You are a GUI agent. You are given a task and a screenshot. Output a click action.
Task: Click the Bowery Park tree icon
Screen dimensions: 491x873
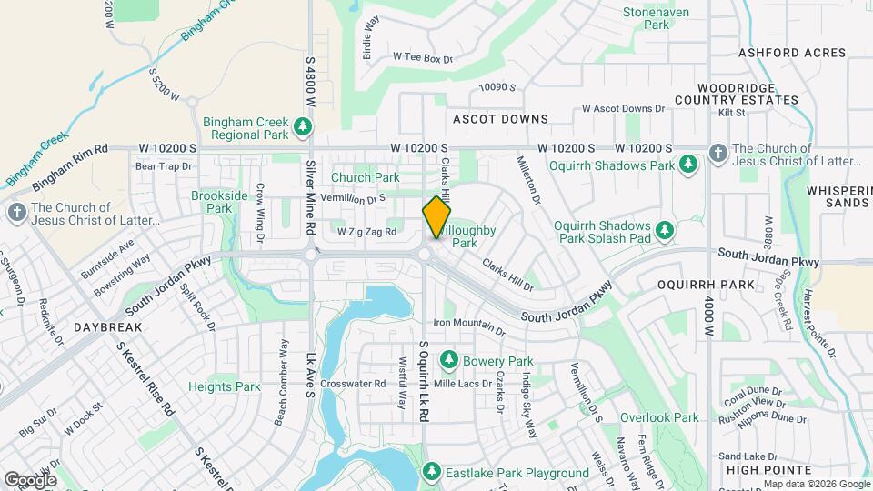[x=448, y=361]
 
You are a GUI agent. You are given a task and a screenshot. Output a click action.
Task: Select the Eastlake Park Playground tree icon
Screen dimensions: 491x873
[x=431, y=472]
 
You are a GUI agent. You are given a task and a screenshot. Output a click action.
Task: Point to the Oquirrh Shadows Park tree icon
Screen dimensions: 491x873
[x=689, y=165]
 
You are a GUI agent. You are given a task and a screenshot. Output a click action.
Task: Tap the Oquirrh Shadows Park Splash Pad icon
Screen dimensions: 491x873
[x=665, y=231]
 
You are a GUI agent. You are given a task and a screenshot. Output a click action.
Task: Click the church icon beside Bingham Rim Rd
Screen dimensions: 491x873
[x=16, y=213]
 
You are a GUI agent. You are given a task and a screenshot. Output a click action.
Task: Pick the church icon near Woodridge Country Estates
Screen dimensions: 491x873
[x=717, y=154]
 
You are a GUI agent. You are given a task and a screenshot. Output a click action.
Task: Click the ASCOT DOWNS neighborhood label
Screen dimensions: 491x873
[x=500, y=119]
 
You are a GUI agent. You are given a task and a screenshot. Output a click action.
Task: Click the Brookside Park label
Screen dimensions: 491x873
[x=219, y=201]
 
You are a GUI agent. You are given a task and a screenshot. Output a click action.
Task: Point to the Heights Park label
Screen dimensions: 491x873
[x=225, y=386]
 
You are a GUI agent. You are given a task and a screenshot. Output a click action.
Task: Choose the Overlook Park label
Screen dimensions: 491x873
[x=659, y=417]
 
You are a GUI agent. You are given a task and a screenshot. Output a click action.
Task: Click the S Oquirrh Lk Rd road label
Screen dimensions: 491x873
[x=423, y=381]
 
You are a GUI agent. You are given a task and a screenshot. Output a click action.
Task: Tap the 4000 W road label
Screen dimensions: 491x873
[x=708, y=319]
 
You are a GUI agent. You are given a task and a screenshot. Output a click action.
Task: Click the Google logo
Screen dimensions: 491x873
[x=30, y=479]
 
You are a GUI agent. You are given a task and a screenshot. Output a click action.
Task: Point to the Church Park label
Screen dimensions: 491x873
[x=365, y=177]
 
